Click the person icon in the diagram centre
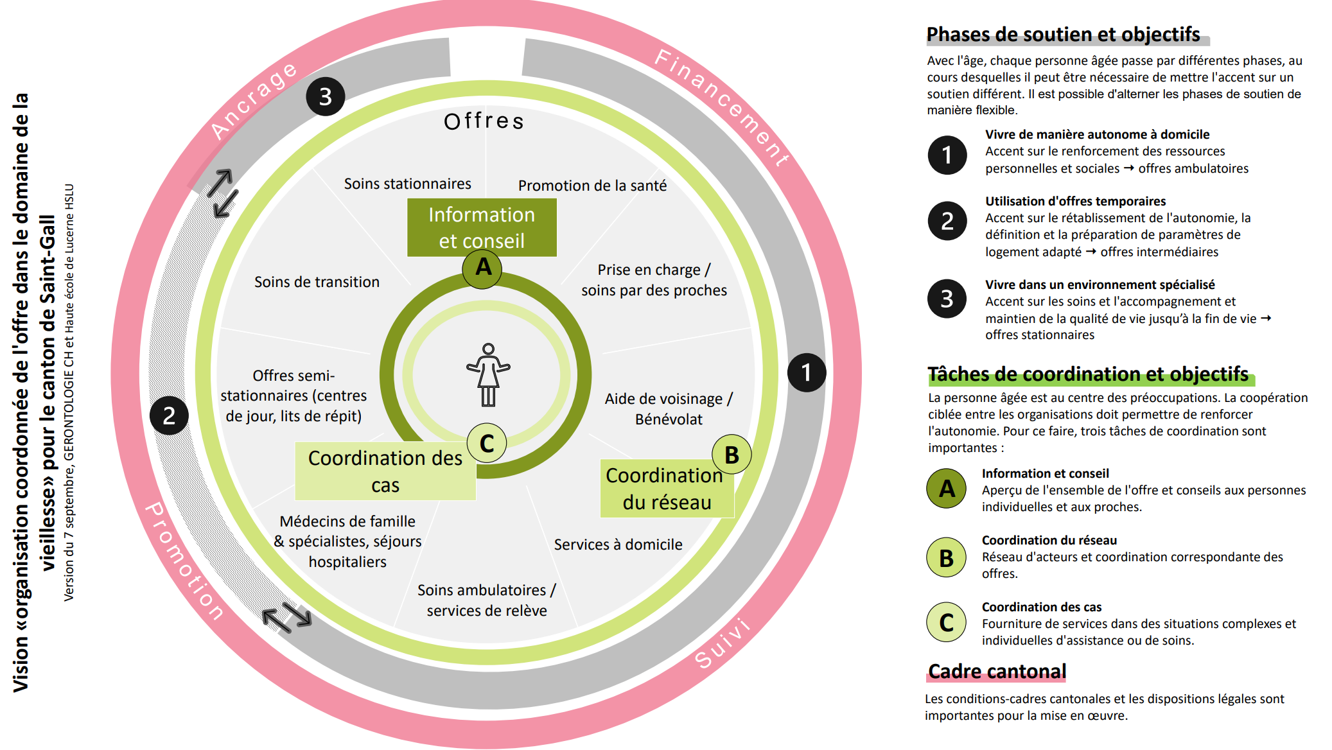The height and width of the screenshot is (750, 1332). tap(488, 375)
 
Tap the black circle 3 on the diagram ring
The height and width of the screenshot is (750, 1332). tap(326, 96)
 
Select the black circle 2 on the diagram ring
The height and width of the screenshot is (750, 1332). tap(169, 415)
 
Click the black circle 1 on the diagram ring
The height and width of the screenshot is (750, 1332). tap(806, 372)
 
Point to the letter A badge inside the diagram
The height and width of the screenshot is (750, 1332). tap(482, 268)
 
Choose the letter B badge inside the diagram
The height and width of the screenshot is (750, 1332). tap(732, 455)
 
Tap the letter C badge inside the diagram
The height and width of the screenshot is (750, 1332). tap(487, 443)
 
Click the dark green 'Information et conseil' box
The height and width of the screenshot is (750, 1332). tap(482, 227)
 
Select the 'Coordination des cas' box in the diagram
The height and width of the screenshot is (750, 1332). tap(385, 471)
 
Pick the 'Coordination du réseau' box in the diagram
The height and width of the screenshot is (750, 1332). tap(666, 489)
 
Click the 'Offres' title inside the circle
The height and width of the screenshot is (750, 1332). tap(484, 121)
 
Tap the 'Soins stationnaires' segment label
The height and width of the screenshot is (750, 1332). tap(407, 184)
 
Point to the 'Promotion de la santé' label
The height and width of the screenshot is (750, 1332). tap(592, 186)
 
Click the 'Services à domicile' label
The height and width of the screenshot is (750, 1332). tap(618, 545)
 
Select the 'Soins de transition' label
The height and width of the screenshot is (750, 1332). tap(317, 282)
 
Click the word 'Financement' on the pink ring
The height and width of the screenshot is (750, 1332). tap(723, 106)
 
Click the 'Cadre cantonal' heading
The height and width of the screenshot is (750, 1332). tap(997, 672)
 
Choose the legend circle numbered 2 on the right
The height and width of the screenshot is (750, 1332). tap(947, 221)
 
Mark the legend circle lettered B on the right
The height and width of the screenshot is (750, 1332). tap(946, 557)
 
